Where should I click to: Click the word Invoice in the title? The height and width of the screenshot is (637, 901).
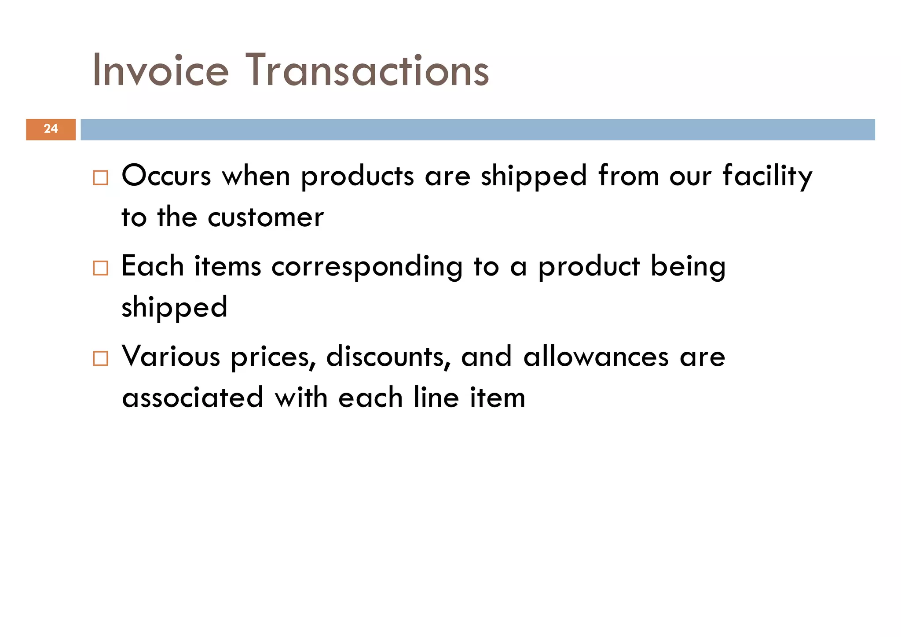coord(161,70)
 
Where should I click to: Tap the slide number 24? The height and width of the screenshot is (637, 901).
coord(51,129)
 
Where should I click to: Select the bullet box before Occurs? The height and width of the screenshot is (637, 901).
coord(100,178)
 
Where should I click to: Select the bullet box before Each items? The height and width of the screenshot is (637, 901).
coord(100,268)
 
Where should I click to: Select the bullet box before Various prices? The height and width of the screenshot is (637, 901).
coord(100,359)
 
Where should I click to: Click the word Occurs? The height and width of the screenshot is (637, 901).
coord(166,176)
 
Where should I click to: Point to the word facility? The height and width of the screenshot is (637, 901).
coord(767,176)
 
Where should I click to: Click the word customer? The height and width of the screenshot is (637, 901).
coord(266,217)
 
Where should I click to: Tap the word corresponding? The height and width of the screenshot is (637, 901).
coord(367,267)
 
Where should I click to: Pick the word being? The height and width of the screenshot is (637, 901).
coord(688,267)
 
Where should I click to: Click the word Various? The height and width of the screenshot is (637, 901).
coord(171,357)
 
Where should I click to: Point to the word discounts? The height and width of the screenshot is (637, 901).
coord(385,357)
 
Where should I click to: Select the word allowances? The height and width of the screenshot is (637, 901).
coord(596,357)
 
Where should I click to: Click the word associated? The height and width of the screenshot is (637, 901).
coord(193,398)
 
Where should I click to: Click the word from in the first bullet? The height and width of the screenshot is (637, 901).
coord(628,176)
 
